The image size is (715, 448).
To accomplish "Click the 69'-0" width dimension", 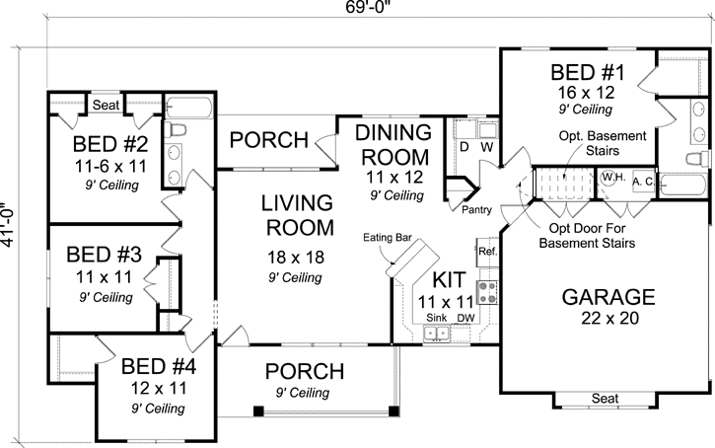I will click(x=357, y=10).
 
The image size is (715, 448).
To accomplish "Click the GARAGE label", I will click(x=608, y=296).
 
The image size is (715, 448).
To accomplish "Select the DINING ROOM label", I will click(x=393, y=144).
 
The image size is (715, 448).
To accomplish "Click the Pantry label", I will click(x=477, y=209).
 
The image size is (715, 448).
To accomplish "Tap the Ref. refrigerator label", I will click(x=487, y=252).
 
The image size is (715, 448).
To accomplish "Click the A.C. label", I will click(x=642, y=182).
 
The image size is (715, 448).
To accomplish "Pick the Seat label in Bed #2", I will click(x=106, y=105).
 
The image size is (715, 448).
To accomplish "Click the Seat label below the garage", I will click(x=606, y=399).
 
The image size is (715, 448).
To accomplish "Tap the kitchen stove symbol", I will click(x=487, y=291).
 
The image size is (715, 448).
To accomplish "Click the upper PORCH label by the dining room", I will click(x=268, y=140).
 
